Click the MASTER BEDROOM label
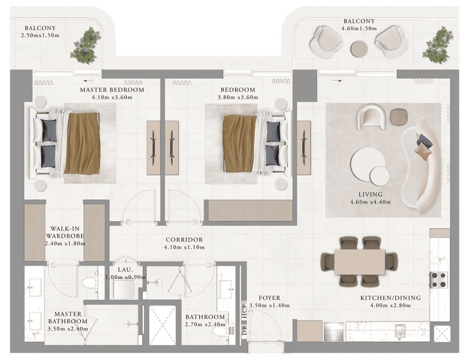[x=112, y=90]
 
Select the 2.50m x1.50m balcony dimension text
[x=41, y=35]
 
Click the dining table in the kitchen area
[x=359, y=262]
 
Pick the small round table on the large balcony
[x=359, y=48]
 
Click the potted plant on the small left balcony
[x=85, y=46]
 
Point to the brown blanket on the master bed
[x=82, y=143]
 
